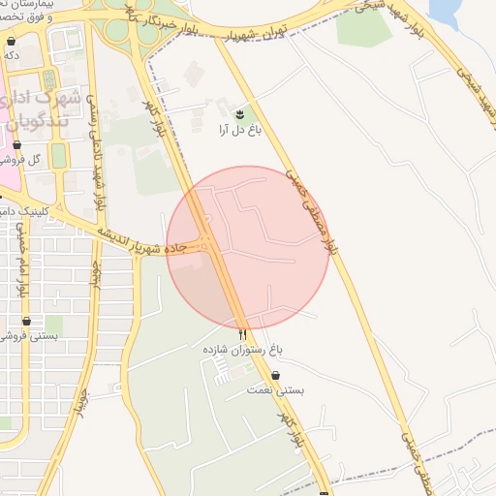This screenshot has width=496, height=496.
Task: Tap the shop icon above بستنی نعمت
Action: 276,376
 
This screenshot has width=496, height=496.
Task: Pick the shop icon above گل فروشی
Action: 16,144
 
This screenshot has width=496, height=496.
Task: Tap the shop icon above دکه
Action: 11,43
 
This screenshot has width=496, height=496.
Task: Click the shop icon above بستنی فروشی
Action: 26,322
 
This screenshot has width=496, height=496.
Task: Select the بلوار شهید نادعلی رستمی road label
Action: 93,145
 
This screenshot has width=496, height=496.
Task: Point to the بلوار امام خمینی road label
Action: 20,257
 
